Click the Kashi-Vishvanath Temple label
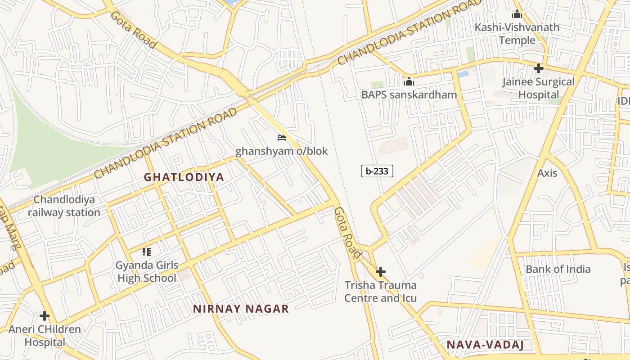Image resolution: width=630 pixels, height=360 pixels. (x=517, y=34)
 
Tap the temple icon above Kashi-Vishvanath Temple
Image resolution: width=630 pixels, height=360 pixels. (x=517, y=14)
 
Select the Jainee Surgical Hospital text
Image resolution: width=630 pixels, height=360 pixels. (x=538, y=88)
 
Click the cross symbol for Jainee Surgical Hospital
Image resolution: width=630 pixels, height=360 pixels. (x=538, y=68)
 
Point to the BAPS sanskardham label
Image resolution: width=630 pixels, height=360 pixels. (x=409, y=94)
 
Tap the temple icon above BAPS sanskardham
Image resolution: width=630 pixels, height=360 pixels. (x=409, y=81)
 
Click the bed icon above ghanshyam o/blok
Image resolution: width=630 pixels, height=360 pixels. (x=282, y=138)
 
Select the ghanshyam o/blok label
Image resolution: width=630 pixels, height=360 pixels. (x=282, y=151)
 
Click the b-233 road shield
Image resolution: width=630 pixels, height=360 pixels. (x=377, y=171)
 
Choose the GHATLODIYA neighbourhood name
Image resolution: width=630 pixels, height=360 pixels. (x=184, y=177)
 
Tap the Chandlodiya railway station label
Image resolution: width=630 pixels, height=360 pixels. (x=64, y=206)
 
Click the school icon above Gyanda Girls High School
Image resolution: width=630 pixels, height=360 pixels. (x=147, y=252)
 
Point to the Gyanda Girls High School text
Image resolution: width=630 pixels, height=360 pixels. (x=147, y=272)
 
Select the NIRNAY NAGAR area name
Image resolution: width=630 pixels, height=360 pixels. (x=241, y=309)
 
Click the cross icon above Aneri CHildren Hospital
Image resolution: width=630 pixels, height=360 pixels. (x=45, y=316)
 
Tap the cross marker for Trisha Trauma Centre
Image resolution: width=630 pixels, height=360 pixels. (x=381, y=272)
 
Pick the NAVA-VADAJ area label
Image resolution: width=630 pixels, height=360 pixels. (x=485, y=345)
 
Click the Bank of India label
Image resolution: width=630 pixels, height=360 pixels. (x=558, y=269)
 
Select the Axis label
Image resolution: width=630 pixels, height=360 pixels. (x=547, y=173)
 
